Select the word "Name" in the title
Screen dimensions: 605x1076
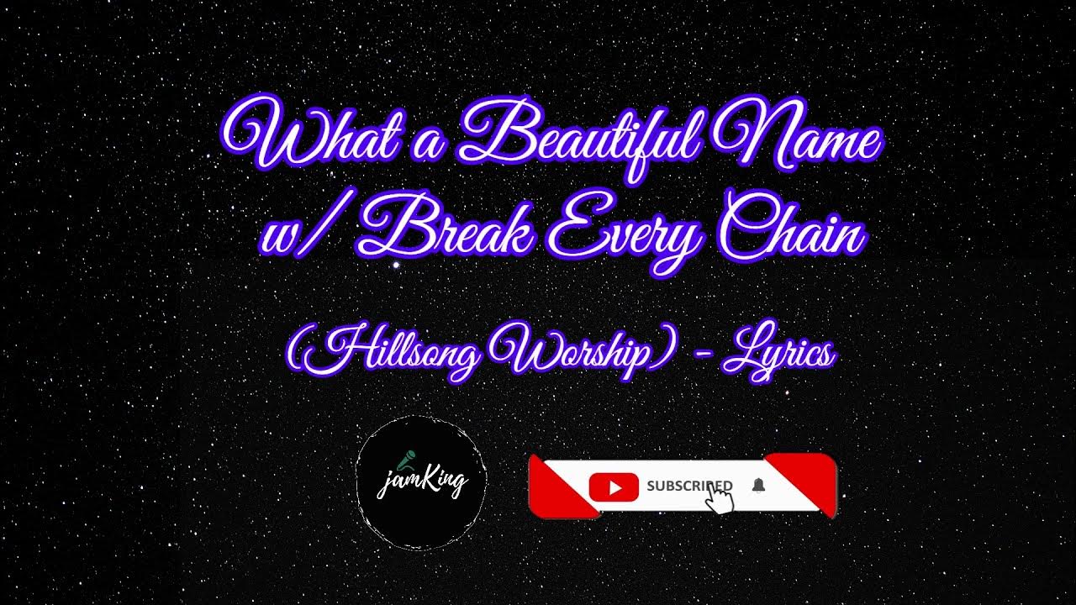click(x=803, y=139)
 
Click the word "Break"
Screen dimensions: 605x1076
click(x=446, y=231)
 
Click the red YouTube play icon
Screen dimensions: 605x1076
click(x=614, y=487)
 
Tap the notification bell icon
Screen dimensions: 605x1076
click(x=759, y=486)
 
